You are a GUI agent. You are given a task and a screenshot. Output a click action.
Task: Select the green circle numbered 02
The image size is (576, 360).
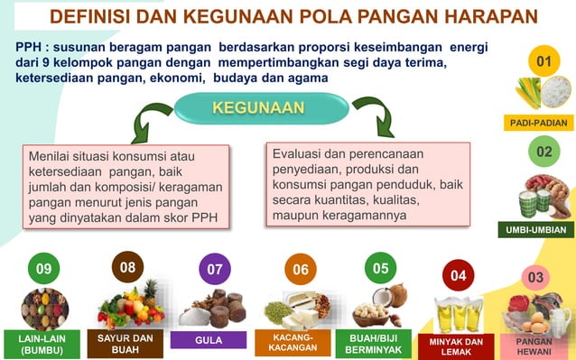coord(543,152)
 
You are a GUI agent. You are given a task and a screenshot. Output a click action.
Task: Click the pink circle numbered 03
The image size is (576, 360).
coord(535,277)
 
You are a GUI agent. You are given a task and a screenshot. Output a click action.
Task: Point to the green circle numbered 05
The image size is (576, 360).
coord(380,268)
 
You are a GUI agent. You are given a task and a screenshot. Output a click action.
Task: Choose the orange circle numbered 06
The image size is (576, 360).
coord(300,270)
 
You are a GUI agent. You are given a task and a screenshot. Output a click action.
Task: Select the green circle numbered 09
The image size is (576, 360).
coord(43,270)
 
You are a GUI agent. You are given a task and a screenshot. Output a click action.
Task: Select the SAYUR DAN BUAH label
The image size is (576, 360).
coord(125,344)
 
